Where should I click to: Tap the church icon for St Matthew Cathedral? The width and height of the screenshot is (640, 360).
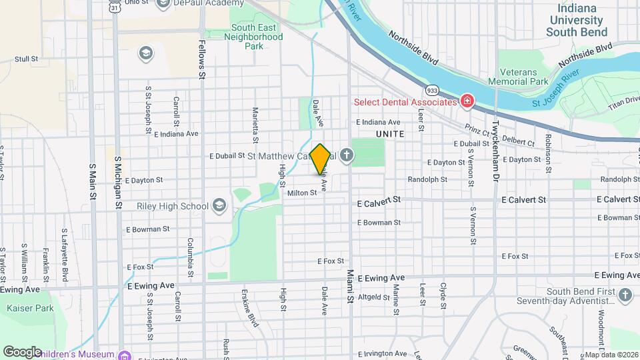[x=345, y=156]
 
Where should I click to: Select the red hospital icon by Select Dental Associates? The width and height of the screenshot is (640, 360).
[x=467, y=101]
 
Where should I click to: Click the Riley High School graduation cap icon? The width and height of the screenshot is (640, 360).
[x=219, y=206]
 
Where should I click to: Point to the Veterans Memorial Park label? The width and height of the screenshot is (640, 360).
[x=527, y=75]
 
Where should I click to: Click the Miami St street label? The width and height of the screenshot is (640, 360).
[x=349, y=287]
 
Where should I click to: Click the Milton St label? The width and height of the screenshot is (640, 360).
[x=301, y=193]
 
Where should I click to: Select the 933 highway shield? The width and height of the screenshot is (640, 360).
[x=432, y=89]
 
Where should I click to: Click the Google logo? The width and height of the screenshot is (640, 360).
[x=22, y=352]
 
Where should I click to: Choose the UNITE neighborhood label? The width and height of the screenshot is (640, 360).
[x=391, y=134]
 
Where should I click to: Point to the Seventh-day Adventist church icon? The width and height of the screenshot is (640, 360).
[x=625, y=295]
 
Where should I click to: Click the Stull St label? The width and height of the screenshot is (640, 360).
[x=25, y=59]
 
